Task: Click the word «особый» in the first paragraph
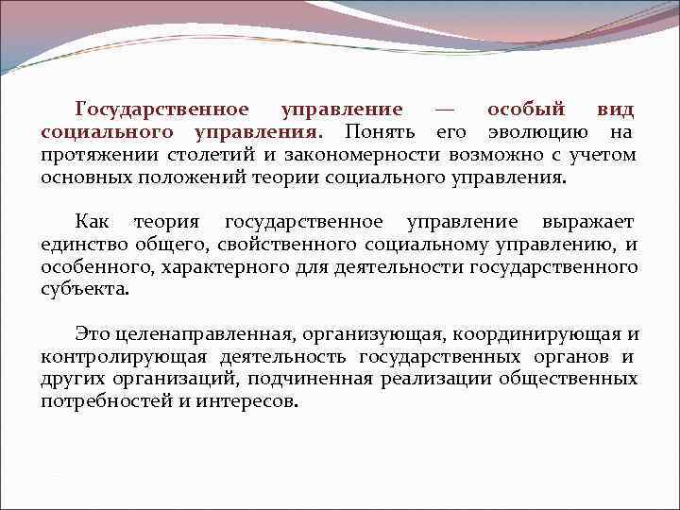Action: coord(526,110)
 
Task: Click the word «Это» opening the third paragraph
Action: coord(92,334)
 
